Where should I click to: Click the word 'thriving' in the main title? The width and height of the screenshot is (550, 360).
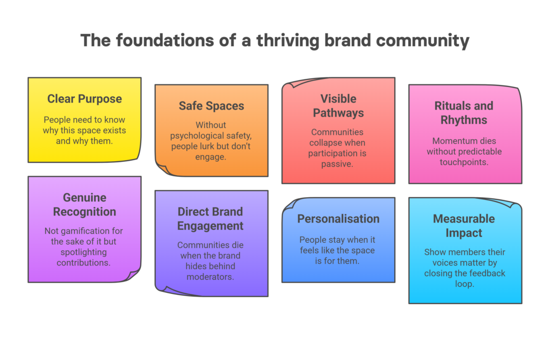pos(288,41)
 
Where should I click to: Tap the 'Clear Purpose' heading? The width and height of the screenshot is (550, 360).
pos(84,99)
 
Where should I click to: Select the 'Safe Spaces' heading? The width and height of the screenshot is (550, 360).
pos(211,106)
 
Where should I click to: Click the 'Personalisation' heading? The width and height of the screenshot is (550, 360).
pos(338,219)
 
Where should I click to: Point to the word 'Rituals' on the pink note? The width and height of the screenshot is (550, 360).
pos(450,106)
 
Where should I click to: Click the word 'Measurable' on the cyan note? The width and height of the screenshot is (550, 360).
pos(464,219)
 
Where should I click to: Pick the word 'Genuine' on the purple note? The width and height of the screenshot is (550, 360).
pos(84,198)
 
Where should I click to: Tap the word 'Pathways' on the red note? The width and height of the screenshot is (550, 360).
pos(338,113)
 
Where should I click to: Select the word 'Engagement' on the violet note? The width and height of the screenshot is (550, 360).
pos(210,226)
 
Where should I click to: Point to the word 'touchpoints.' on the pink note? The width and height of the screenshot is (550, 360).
pos(464,162)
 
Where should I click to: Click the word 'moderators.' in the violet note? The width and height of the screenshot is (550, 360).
pos(210,277)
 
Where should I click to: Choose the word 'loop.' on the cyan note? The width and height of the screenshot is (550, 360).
pos(465,284)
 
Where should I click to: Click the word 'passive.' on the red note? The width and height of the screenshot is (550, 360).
pos(337,164)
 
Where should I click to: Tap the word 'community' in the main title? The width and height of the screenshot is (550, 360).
pos(423,41)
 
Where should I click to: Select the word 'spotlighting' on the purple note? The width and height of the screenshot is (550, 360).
pos(83,253)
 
